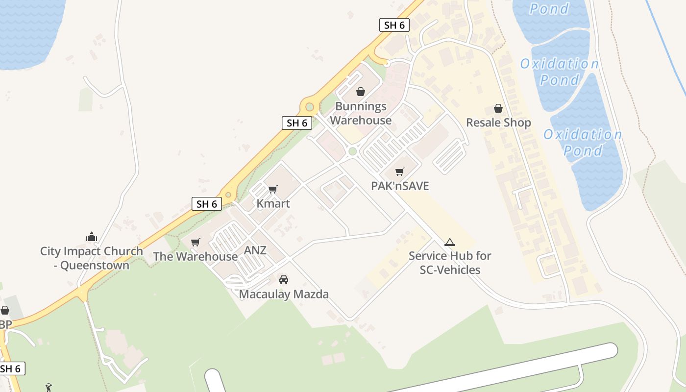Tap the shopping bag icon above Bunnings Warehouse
[361, 92]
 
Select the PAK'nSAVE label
[400, 186]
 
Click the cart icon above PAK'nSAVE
[400, 171]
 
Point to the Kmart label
[273, 203]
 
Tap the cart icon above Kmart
[273, 189]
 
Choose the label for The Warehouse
[196, 256]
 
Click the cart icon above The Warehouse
[196, 242]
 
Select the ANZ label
[255, 250]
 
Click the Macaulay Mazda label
[284, 294]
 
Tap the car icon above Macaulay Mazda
[284, 280]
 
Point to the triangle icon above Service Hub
[450, 242]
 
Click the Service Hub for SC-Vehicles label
[450, 263]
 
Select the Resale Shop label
[498, 122]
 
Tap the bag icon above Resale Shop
[498, 108]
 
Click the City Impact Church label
[92, 258]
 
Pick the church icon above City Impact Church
[92, 237]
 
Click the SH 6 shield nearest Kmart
[206, 204]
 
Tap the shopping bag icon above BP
[5, 310]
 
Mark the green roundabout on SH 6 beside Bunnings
[309, 107]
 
